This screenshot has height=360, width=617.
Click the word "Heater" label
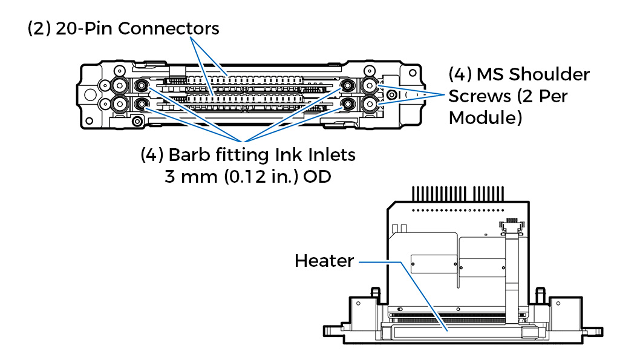[x=324, y=261]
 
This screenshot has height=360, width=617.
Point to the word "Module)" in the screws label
[x=485, y=117]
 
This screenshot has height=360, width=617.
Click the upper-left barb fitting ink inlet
[x=142, y=85]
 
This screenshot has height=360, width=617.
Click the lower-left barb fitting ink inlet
[x=142, y=105]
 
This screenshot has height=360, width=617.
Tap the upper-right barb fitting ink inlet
[x=348, y=85]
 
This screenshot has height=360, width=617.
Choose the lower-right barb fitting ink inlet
[x=348, y=105]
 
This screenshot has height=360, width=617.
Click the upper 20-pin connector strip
[x=242, y=80]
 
